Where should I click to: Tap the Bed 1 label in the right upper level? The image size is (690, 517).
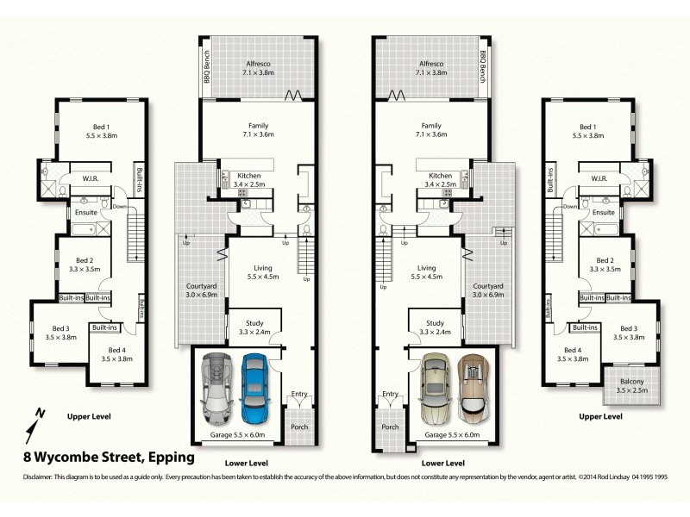coord(588,130)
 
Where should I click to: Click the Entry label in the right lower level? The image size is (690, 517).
coord(390,394)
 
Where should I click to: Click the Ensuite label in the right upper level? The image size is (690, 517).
coord(604,212)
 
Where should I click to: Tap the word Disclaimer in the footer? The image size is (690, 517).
coord(36,477)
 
